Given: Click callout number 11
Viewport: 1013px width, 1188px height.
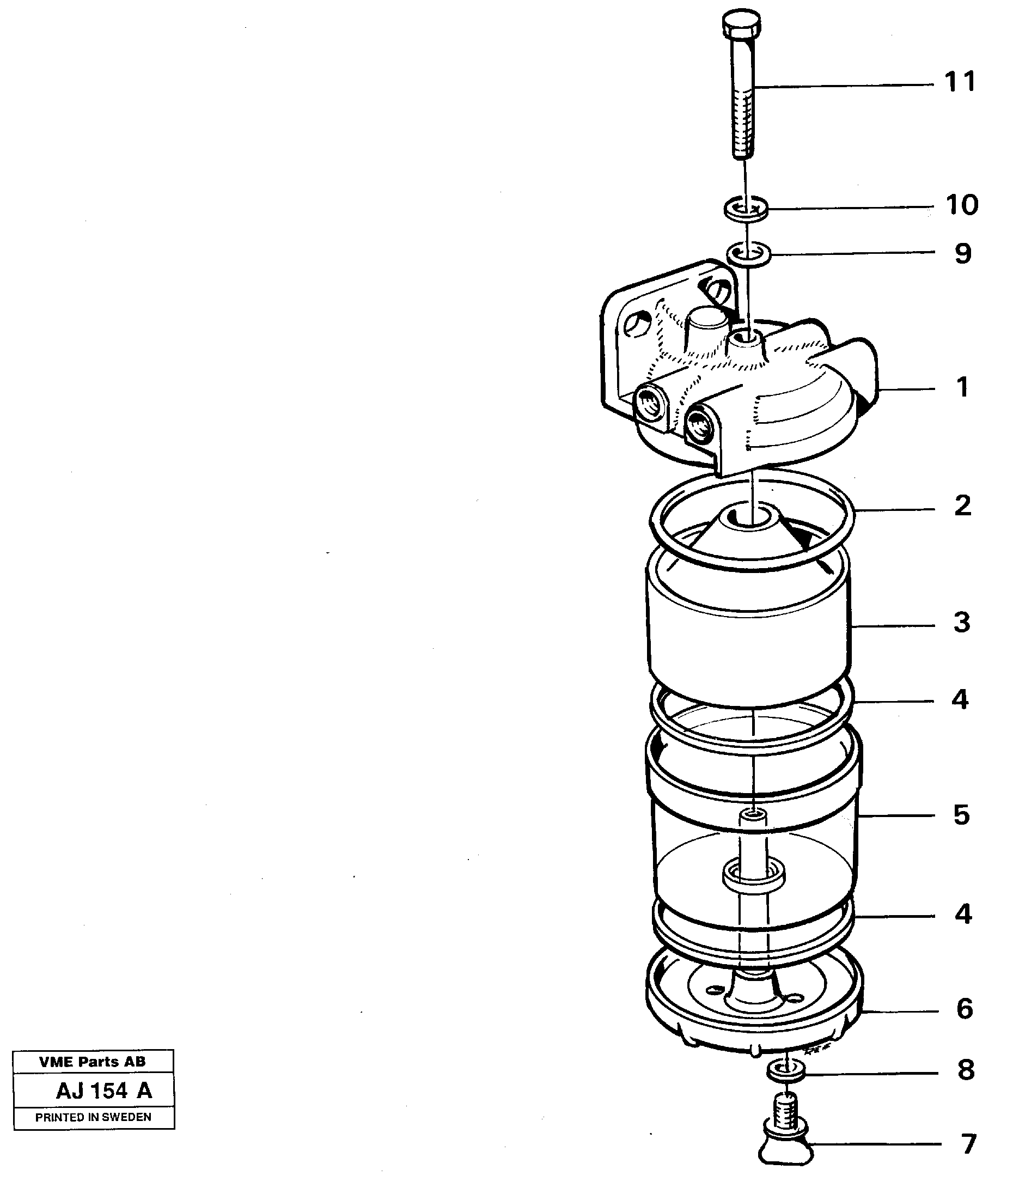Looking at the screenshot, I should [x=960, y=83].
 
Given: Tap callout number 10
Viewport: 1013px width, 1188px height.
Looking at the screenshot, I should [x=961, y=205].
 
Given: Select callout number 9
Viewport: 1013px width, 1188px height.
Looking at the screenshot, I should [x=963, y=254].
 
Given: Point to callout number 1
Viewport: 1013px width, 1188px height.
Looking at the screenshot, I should [x=962, y=388].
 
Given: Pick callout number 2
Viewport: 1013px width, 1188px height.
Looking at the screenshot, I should [x=962, y=505].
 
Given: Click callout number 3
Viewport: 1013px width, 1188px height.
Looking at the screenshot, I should [x=961, y=623].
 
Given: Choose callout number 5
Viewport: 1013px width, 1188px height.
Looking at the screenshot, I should [x=961, y=815].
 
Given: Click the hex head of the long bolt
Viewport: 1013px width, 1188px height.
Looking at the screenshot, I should [x=742, y=24].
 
